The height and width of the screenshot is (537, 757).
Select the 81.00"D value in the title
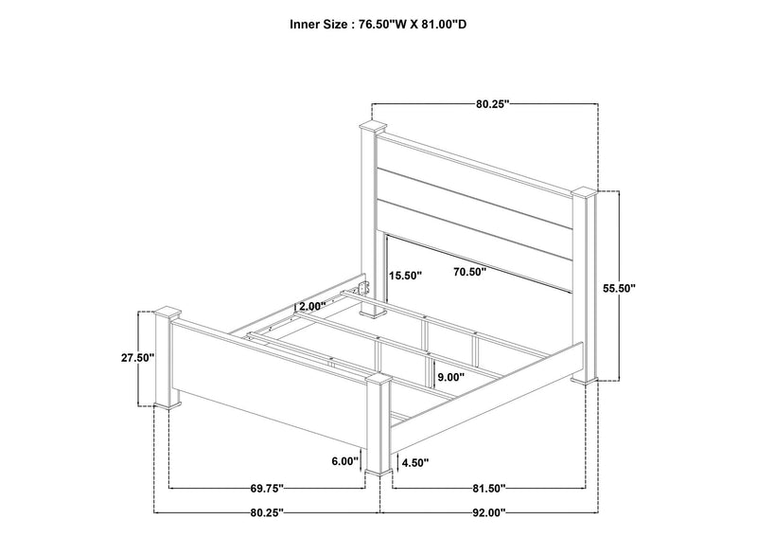coord(446,25)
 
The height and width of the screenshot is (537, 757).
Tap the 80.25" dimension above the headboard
coord(493,104)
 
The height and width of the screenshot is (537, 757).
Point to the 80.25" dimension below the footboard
coord(267,512)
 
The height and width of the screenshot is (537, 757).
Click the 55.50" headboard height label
coord(619,288)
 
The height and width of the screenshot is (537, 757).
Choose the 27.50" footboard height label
coord(137,358)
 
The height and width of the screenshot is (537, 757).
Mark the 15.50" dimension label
coord(406,276)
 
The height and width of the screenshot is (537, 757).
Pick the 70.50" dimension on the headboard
coord(469,272)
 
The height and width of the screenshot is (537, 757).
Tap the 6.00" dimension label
coord(345,461)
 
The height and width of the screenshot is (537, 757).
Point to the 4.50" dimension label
coord(415,462)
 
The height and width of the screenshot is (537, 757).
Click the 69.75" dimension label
coord(267,489)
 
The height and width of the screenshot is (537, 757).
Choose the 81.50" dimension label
coord(488,489)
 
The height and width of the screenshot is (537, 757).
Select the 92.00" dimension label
coord(488,512)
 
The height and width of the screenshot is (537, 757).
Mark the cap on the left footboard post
coord(167,313)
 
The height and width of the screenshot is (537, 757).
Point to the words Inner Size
coord(318,25)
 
